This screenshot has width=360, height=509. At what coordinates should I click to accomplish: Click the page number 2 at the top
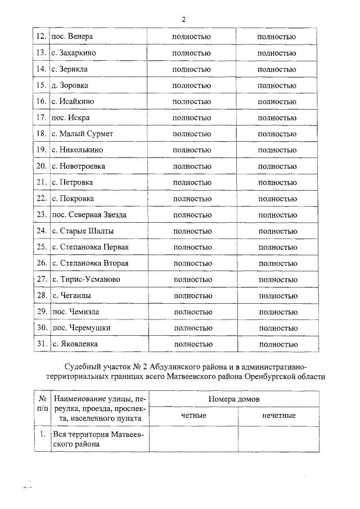(183, 19)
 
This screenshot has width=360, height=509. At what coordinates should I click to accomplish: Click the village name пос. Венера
(71, 37)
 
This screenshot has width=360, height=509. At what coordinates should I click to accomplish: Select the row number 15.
(40, 85)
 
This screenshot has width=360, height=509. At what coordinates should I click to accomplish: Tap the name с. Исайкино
(73, 102)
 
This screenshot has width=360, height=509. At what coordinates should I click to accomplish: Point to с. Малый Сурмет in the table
(82, 134)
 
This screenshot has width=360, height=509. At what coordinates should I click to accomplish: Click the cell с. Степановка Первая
(90, 247)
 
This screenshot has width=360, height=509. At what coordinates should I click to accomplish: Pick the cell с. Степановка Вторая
(90, 263)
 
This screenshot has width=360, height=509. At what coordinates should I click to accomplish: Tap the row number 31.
(40, 344)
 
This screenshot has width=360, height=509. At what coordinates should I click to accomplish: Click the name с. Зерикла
(70, 69)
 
